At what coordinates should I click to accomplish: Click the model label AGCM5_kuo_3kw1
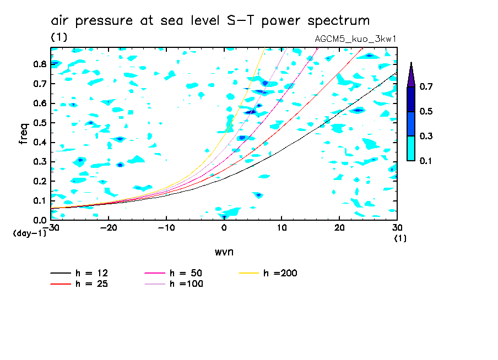click(x=355, y=39)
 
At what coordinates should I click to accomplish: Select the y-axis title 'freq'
click(x=24, y=133)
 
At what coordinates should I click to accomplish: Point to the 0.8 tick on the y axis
click(x=39, y=64)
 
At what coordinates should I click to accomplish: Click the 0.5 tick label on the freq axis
click(x=39, y=122)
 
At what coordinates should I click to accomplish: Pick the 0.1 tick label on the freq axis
click(x=39, y=200)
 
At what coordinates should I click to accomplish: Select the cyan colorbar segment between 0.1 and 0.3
click(x=411, y=148)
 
